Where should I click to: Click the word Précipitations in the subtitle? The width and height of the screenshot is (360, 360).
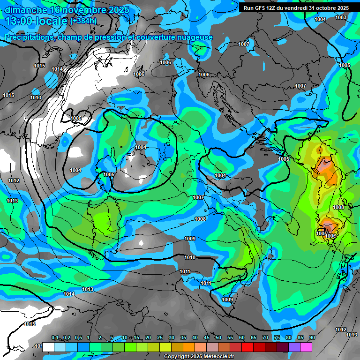[x=28, y=37]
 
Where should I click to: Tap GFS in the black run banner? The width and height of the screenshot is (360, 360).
[x=263, y=7]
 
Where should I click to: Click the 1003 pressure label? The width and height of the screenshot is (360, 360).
[x=341, y=17]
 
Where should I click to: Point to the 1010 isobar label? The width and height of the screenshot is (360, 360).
[x=190, y=257]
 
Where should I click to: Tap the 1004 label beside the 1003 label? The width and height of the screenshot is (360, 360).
[x=320, y=19]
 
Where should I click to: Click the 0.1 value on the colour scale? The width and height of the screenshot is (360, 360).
[x=55, y=337]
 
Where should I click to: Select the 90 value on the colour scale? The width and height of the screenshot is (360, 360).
[x=312, y=337]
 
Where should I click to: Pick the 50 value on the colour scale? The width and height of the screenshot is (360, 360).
[x=218, y=337]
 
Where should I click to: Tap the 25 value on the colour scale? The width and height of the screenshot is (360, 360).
[x=160, y=337]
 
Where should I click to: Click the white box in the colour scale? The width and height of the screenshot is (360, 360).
[x=48, y=347]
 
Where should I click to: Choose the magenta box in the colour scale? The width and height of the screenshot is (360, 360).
[x=306, y=347]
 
